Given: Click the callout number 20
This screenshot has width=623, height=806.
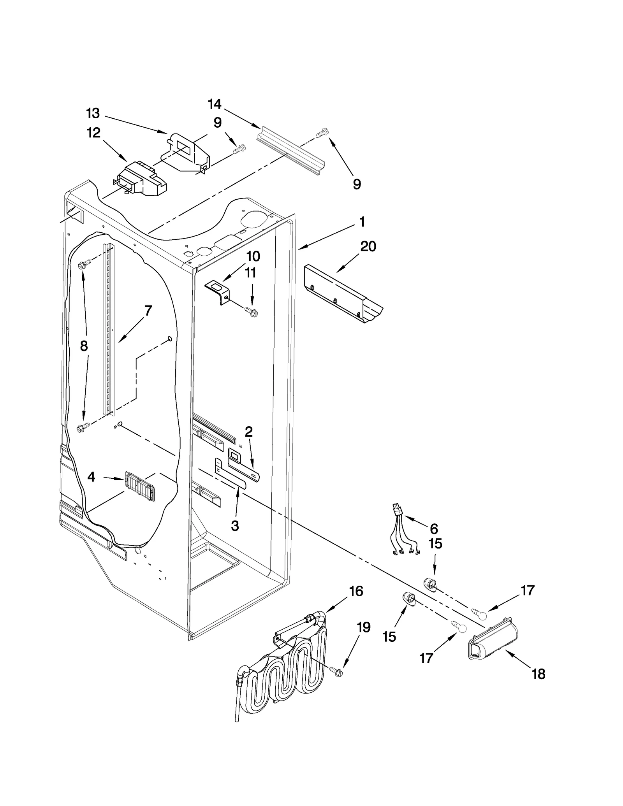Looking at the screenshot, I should pyautogui.click(x=368, y=247).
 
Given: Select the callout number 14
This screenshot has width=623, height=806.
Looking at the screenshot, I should pyautogui.click(x=215, y=104).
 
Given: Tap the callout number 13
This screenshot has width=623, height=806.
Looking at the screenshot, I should pyautogui.click(x=93, y=114).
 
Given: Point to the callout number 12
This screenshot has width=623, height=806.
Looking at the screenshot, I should pyautogui.click(x=93, y=133).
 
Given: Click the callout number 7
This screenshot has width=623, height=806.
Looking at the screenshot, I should pyautogui.click(x=148, y=311).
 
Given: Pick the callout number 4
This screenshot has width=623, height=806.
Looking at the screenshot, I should pyautogui.click(x=91, y=477).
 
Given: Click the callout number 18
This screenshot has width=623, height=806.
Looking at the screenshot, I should pyautogui.click(x=539, y=674).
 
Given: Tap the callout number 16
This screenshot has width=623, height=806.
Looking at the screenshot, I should pyautogui.click(x=356, y=591).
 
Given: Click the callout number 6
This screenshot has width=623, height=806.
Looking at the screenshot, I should pyautogui.click(x=434, y=529).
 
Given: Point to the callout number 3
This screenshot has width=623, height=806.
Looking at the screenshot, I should pyautogui.click(x=235, y=526).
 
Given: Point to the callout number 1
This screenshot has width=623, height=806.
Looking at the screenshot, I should pyautogui.click(x=362, y=222).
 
